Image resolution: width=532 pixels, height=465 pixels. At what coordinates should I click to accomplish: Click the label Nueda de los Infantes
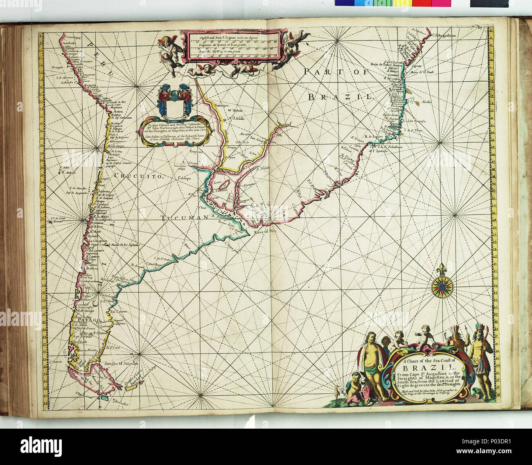point(122,245)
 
